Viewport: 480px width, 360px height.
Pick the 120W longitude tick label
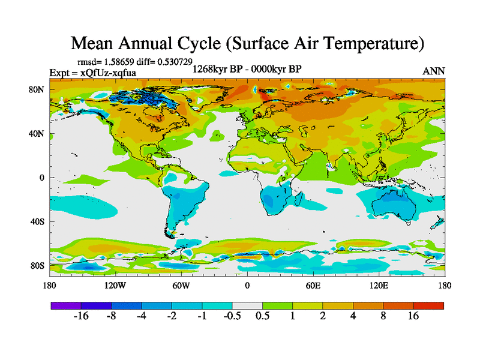(x=115, y=286)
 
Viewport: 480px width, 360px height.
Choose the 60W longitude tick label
(x=181, y=286)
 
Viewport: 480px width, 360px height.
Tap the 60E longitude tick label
(x=313, y=286)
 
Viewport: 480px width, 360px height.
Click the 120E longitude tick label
(x=379, y=286)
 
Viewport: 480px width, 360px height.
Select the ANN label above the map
(x=434, y=71)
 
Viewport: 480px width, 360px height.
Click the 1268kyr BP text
(x=218, y=69)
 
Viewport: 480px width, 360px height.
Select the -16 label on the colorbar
(x=80, y=316)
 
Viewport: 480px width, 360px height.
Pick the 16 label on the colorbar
(x=413, y=316)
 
